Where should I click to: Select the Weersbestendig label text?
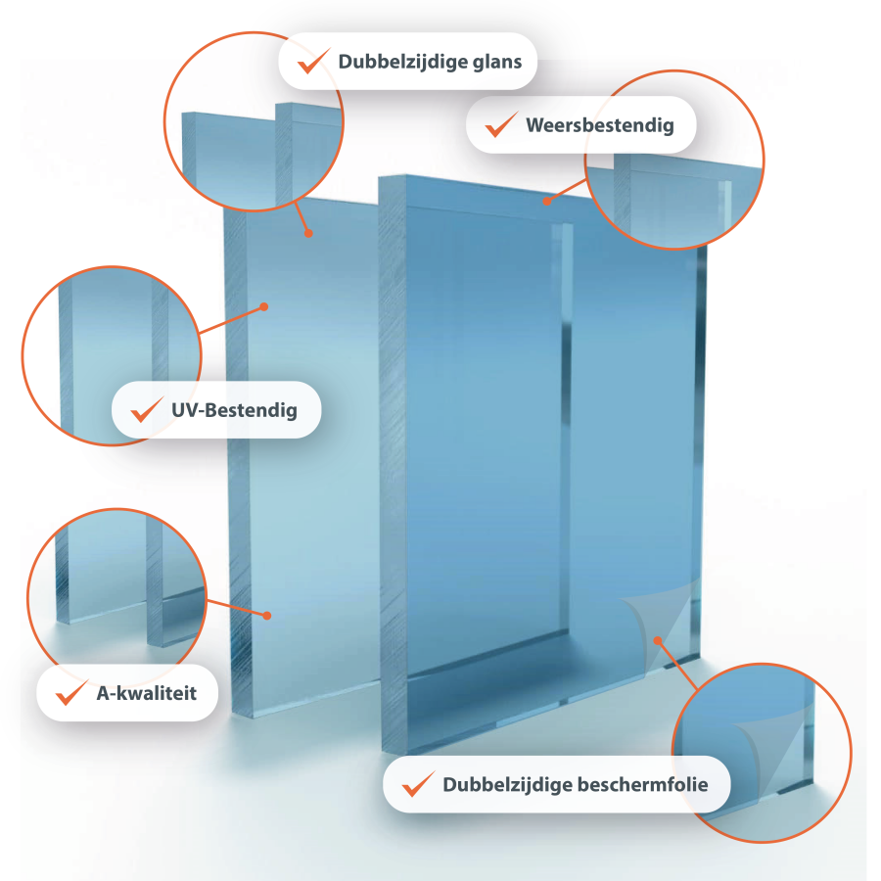[599, 125]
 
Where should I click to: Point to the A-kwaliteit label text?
[147, 693]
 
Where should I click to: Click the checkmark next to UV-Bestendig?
[147, 408]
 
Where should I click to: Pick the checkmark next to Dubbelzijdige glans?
[313, 61]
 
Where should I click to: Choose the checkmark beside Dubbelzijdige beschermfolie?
[418, 783]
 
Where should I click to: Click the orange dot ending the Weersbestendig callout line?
[547, 203]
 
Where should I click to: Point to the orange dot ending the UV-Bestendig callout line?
[264, 307]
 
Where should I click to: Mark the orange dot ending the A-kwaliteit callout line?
[266, 615]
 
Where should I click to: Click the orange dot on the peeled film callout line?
[659, 639]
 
